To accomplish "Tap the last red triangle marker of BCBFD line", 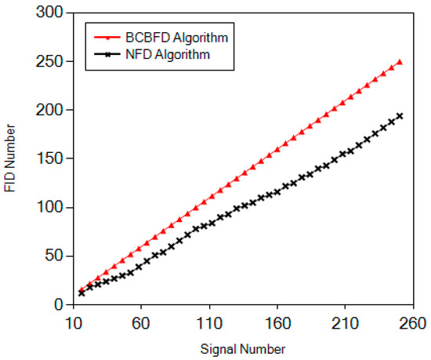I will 400,62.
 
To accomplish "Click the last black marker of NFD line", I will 400,116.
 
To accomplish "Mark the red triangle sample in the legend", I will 107,36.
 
